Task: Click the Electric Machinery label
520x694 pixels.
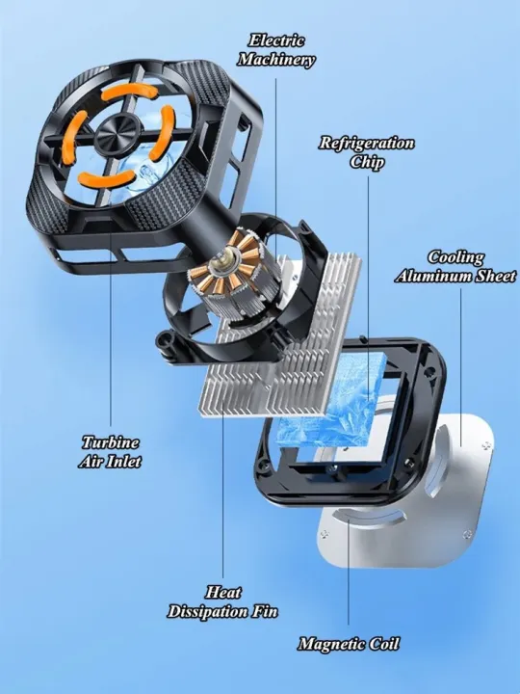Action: tap(276, 50)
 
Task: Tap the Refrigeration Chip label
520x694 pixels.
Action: tap(367, 152)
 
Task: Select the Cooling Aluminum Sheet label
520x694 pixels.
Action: tap(455, 266)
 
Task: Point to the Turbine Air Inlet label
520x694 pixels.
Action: tap(110, 451)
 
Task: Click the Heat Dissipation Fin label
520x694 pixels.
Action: tap(222, 601)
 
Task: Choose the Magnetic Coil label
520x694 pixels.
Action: tap(349, 644)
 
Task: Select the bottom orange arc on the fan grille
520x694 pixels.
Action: tap(107, 178)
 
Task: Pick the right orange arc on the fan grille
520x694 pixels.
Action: tap(163, 133)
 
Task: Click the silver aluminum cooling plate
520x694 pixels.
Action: tap(406, 492)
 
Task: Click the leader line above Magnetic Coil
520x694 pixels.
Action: tap(349, 573)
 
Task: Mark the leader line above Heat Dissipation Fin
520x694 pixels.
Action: tap(222, 494)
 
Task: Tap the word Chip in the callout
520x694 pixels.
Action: tap(367, 162)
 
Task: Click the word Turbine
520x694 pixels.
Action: tap(111, 442)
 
